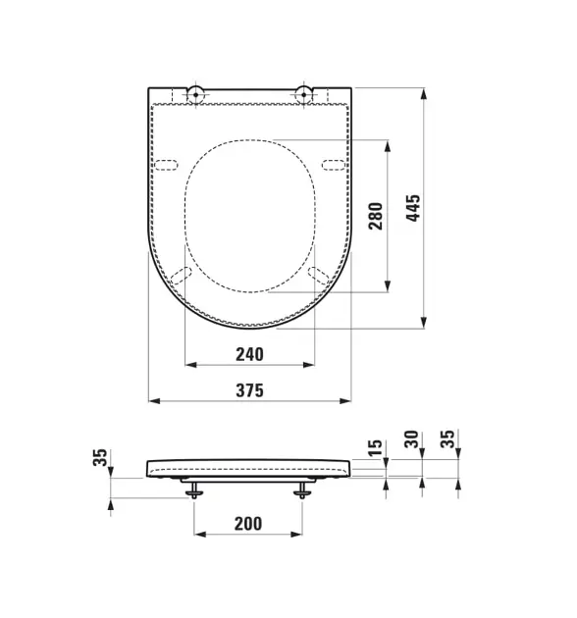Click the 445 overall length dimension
click(x=413, y=208)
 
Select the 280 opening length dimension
click(x=376, y=216)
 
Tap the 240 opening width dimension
click(x=249, y=354)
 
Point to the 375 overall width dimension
click(x=249, y=390)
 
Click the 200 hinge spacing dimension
click(x=248, y=524)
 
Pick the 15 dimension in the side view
click(x=375, y=448)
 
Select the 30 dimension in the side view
click(x=411, y=439)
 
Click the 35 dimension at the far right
click(x=447, y=439)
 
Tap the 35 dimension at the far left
click(x=100, y=457)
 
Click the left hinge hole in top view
click(x=195, y=94)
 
